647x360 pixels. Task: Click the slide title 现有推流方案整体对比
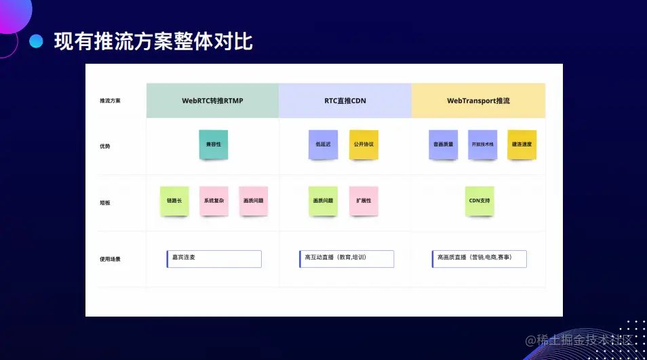click(x=153, y=42)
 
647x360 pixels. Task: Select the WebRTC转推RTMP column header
click(x=212, y=100)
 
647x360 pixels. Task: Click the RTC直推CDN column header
click(x=345, y=100)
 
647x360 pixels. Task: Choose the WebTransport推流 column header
click(x=478, y=100)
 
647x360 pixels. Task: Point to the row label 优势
click(x=104, y=146)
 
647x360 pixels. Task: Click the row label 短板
click(x=104, y=202)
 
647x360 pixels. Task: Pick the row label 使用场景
click(x=109, y=259)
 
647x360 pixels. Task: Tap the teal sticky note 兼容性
click(x=214, y=144)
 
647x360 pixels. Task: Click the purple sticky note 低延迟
click(x=323, y=144)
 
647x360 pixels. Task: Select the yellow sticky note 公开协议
click(x=364, y=144)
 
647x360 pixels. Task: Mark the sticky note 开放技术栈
click(x=483, y=144)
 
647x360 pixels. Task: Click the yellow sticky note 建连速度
click(x=522, y=144)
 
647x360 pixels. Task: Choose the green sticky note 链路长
click(x=174, y=201)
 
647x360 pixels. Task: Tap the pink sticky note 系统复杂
click(x=214, y=201)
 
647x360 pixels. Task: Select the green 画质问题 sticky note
click(x=323, y=201)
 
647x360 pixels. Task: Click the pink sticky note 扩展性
click(x=364, y=201)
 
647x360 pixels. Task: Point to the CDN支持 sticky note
click(x=479, y=201)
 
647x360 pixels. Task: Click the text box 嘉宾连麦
click(x=214, y=258)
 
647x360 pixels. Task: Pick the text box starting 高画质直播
click(x=479, y=258)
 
